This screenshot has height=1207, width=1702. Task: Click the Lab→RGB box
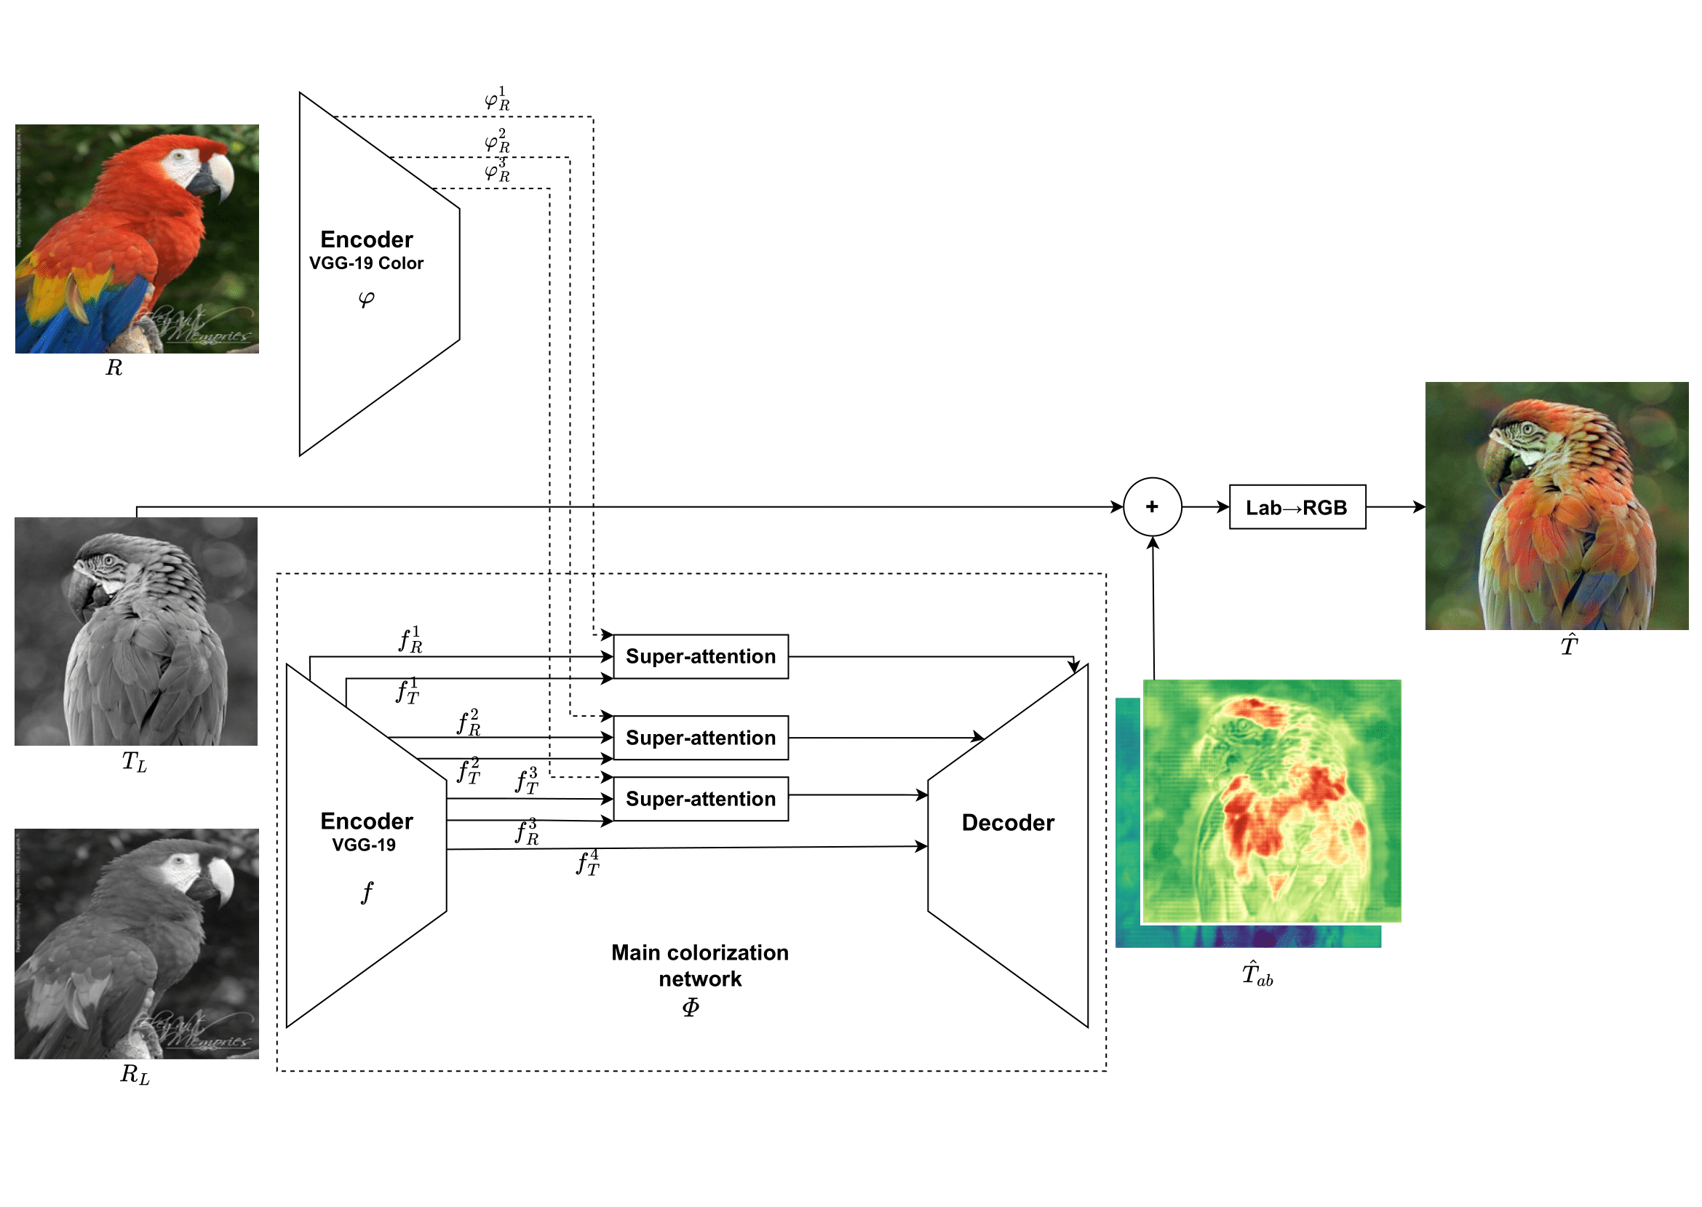(x=1296, y=507)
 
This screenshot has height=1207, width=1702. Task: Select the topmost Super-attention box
(x=700, y=656)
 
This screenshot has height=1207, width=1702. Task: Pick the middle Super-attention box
(x=700, y=737)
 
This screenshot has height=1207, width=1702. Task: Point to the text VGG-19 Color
(x=366, y=263)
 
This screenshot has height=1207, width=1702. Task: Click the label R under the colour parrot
(x=114, y=367)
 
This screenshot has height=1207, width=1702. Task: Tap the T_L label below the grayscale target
(x=135, y=761)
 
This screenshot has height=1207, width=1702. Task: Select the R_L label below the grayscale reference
(x=135, y=1074)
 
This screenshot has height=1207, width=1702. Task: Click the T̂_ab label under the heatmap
(x=1256, y=973)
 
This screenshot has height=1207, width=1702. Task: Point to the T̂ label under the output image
(x=1567, y=645)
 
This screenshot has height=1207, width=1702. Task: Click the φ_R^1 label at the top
(x=497, y=99)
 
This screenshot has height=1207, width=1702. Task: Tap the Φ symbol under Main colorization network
(x=690, y=1007)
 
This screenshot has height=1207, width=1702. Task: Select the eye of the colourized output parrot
(x=1527, y=429)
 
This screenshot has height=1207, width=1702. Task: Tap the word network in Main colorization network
(x=699, y=979)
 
